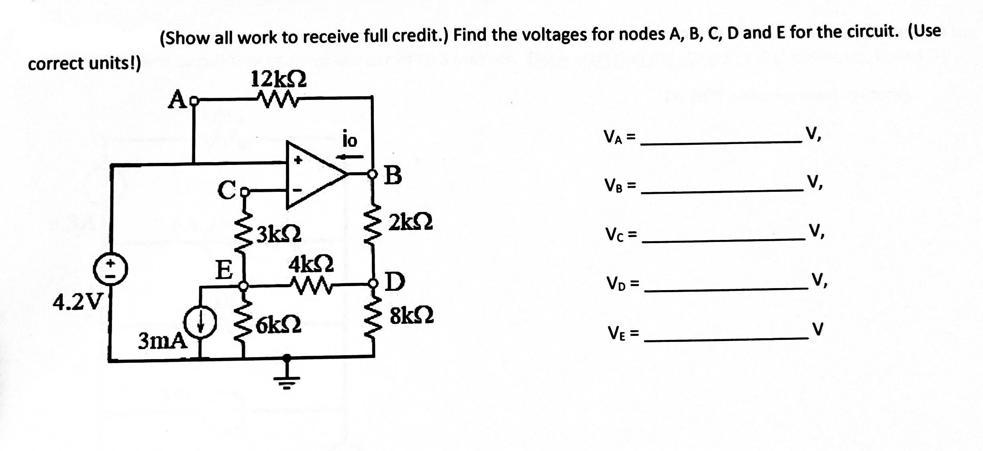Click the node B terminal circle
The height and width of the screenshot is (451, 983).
[x=373, y=174]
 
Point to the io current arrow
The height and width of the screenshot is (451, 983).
[x=350, y=157]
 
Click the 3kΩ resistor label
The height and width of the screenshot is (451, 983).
[x=279, y=234]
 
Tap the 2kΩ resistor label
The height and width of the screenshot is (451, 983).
[x=410, y=222]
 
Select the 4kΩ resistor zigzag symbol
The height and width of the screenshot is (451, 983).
[x=311, y=286]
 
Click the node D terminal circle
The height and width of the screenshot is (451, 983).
[x=373, y=284]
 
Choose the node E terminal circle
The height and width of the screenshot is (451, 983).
[x=243, y=286]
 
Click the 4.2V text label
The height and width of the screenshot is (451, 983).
[x=78, y=302]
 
